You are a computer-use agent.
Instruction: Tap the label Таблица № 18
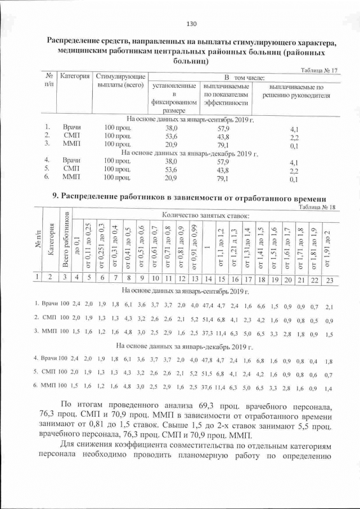317,206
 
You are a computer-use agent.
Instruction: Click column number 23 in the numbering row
330,278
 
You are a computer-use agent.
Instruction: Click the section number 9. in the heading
55,197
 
